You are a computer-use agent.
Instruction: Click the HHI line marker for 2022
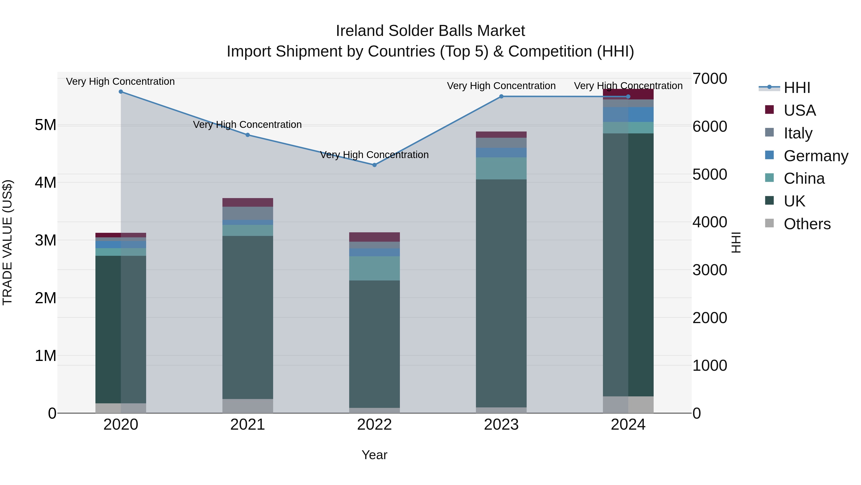[x=374, y=165]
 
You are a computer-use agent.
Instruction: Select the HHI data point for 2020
[x=121, y=92]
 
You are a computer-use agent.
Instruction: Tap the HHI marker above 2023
[x=501, y=96]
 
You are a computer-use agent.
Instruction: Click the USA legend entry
[x=800, y=110]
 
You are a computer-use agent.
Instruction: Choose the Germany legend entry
[x=816, y=156]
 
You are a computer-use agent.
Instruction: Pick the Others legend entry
[x=807, y=224]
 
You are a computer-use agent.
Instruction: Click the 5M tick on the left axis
[x=45, y=125]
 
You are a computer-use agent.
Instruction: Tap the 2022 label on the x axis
[x=374, y=425]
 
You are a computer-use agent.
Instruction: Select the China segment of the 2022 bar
[x=374, y=268]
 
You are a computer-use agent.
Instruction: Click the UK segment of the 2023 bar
[x=501, y=293]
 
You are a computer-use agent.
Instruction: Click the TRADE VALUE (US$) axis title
[x=7, y=242]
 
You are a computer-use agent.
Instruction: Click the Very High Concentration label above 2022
[x=374, y=155]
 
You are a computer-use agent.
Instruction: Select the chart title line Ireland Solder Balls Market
[x=430, y=31]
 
